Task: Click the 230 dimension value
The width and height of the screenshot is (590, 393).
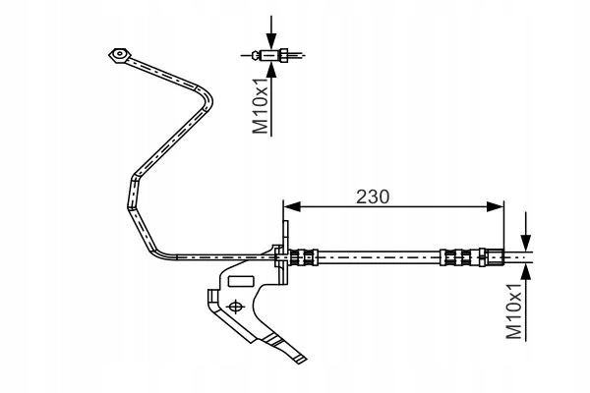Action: (x=373, y=196)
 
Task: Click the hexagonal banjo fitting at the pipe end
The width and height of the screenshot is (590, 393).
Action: (x=120, y=55)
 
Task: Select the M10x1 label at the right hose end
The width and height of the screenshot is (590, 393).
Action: (x=513, y=310)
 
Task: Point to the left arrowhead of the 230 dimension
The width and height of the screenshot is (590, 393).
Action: (x=292, y=206)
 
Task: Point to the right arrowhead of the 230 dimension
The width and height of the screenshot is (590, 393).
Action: (x=495, y=206)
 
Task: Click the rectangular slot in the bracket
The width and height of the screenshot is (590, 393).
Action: (x=241, y=281)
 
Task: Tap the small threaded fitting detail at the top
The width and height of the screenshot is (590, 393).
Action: (x=271, y=56)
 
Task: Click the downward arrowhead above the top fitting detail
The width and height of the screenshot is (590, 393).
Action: (x=271, y=40)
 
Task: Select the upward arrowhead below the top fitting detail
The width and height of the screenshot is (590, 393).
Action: (x=271, y=71)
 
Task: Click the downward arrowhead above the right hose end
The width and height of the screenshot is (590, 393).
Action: (x=526, y=243)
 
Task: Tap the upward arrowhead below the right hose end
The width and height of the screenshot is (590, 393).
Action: (x=526, y=272)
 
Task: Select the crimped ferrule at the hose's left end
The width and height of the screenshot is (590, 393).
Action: (x=304, y=257)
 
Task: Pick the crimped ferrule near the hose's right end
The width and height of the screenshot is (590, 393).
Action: (x=455, y=257)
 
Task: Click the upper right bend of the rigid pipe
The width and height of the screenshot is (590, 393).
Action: (x=206, y=97)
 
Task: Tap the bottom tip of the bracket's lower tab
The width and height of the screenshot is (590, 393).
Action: (x=303, y=361)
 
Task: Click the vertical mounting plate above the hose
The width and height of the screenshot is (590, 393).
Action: (x=285, y=252)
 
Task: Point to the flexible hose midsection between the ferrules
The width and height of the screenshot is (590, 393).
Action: (x=380, y=257)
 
